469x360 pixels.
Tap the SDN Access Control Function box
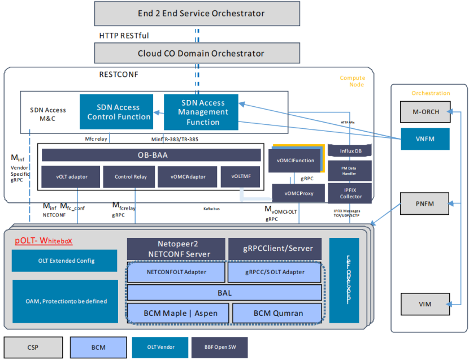coord(119,112)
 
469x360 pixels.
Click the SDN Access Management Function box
coord(202,112)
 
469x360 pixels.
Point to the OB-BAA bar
coord(151,155)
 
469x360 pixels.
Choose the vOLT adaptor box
coord(70,177)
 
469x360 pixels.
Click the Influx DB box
coord(350,151)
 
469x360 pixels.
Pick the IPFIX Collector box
coord(350,193)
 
